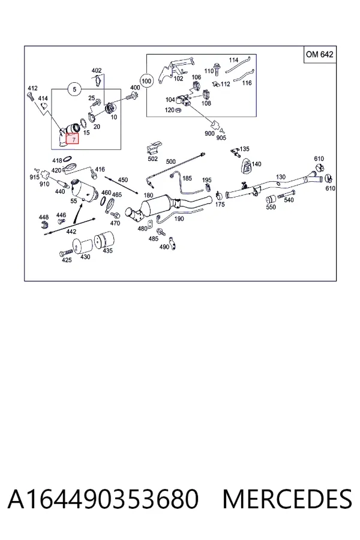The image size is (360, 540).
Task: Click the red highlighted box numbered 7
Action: [x=73, y=139]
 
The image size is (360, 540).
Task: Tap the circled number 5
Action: [x=74, y=89]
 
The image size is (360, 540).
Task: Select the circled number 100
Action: [x=146, y=81]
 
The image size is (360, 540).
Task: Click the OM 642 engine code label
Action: [x=320, y=55]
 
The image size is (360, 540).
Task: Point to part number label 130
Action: [x=280, y=176]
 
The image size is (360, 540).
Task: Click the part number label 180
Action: [x=148, y=195]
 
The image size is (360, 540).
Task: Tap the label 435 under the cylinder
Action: [x=108, y=250]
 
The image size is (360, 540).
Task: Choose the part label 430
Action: [x=85, y=257]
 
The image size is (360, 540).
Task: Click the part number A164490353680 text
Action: [x=103, y=499]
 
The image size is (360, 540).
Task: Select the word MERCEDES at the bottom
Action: [x=287, y=499]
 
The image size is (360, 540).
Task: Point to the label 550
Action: [x=271, y=207]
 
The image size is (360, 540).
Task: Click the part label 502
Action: [x=152, y=159]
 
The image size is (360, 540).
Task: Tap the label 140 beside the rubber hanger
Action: [x=256, y=164]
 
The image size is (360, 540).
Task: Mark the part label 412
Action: [x=32, y=88]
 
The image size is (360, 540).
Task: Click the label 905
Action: [x=221, y=137]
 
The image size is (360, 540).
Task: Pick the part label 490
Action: [x=164, y=247]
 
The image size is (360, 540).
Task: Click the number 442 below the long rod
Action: [x=71, y=232]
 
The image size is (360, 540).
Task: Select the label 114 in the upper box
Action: [x=233, y=60]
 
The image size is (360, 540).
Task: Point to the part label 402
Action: [x=97, y=71]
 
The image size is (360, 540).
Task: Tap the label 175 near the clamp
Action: [x=220, y=204]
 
